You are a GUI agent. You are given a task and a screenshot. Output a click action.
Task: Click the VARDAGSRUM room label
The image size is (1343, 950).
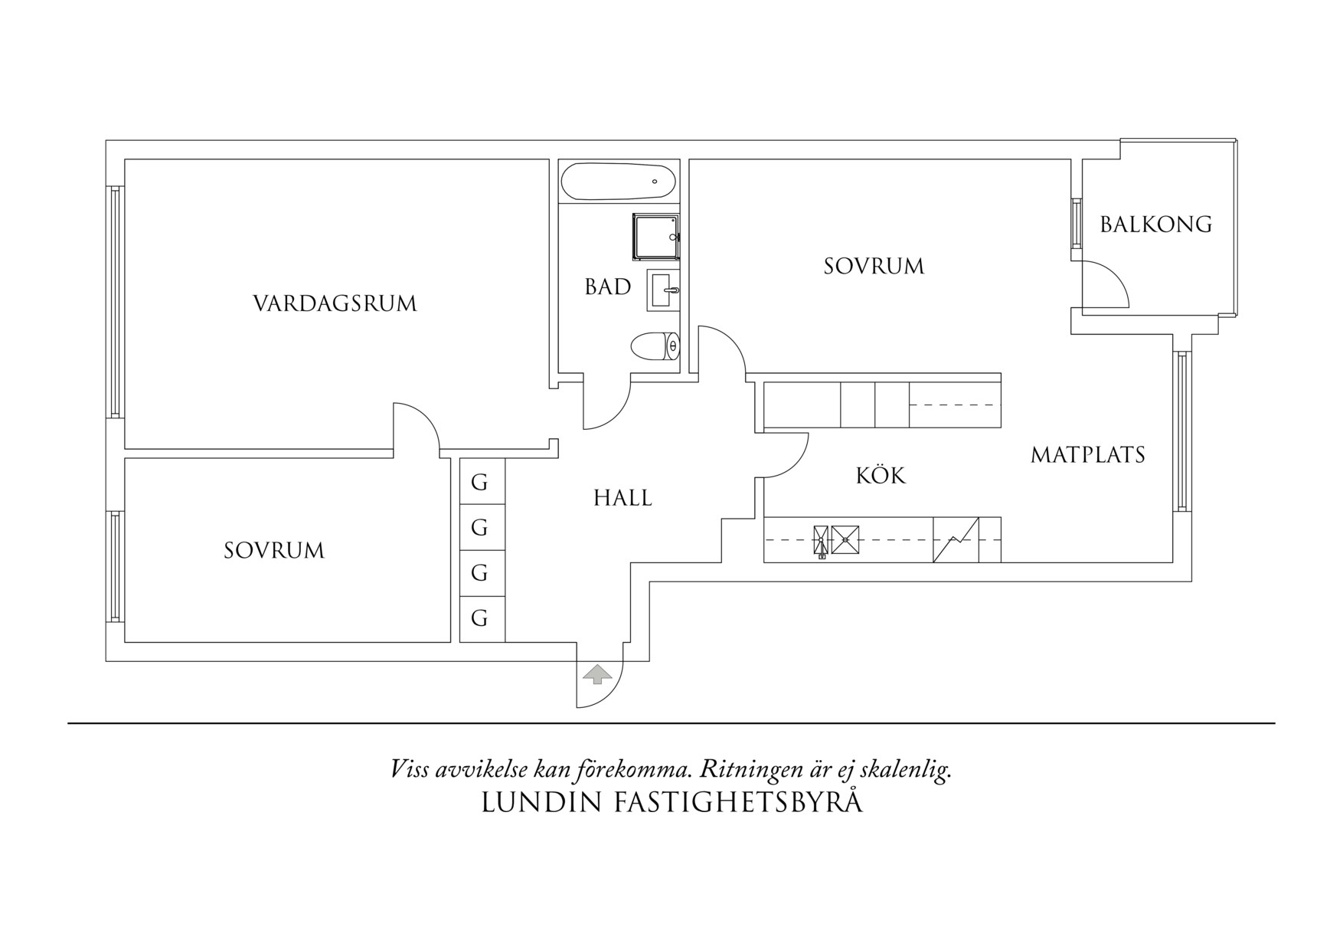pos(335,304)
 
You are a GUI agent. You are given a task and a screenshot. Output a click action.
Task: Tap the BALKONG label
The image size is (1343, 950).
pos(1155,224)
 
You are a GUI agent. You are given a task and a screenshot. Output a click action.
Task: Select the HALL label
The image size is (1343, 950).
pos(622,499)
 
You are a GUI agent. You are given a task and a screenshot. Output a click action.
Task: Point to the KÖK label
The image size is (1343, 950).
pos(881,476)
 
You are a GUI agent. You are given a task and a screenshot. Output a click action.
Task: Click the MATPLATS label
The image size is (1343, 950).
pos(1087,455)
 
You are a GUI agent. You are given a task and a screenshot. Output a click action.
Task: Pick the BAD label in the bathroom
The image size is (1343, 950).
pos(608,287)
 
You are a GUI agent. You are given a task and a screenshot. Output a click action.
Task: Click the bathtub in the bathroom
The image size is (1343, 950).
pos(619,182)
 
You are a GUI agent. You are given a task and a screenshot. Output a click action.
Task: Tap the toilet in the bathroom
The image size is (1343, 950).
pos(655,346)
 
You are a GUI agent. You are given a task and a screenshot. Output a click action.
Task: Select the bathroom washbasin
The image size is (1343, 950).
pos(663,290)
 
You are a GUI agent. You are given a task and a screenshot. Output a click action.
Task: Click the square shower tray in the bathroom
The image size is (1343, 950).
pos(655,237)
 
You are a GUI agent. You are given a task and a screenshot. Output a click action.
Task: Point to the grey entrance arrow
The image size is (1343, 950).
pos(598,674)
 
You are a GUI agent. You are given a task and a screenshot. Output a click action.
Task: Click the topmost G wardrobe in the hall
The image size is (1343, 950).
pos(480,483)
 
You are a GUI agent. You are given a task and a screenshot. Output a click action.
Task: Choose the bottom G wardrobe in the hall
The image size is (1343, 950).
pos(480,618)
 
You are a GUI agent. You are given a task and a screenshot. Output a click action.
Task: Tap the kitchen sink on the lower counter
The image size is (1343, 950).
pos(836,539)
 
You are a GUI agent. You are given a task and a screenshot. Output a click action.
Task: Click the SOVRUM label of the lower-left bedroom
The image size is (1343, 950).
pos(274,551)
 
